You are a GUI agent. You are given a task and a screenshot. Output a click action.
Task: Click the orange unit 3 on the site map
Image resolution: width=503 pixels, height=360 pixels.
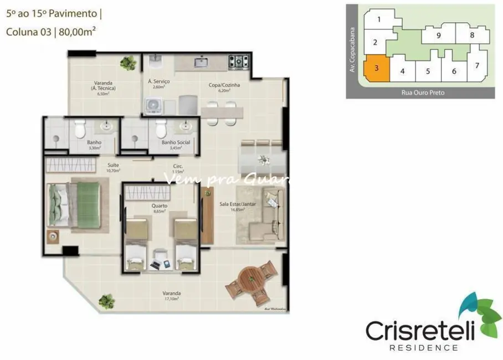[376, 69]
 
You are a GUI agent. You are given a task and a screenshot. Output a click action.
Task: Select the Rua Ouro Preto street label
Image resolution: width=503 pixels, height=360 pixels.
[423, 92]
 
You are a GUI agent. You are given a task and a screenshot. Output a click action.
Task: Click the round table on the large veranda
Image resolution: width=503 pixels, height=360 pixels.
[252, 278]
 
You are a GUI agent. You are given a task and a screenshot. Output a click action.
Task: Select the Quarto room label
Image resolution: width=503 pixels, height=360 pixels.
[160, 205]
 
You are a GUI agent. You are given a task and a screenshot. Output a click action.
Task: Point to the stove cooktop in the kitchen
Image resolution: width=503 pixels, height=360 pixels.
[239, 62]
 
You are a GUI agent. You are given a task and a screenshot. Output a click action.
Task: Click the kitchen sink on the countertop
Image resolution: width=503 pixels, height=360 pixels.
[201, 62]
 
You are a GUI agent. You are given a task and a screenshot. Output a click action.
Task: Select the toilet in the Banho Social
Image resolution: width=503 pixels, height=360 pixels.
[161, 129]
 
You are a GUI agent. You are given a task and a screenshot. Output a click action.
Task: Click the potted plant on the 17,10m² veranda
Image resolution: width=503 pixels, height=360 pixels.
[106, 301]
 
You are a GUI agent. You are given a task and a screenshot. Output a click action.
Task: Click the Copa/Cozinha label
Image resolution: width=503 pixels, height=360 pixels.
[229, 85]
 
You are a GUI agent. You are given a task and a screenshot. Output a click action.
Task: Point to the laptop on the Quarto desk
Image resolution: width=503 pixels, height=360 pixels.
[156, 265]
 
